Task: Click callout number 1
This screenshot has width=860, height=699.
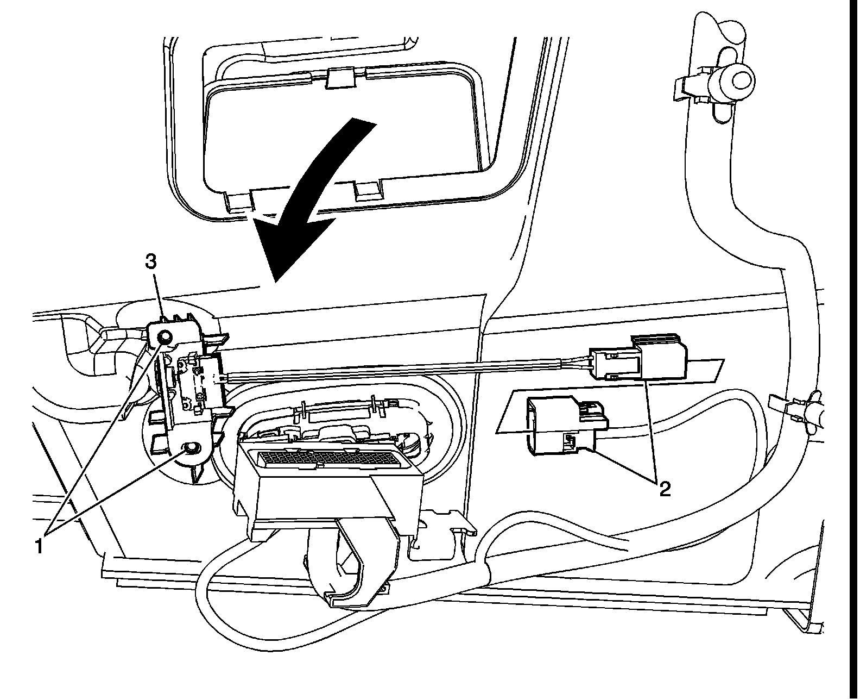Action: click(x=39, y=545)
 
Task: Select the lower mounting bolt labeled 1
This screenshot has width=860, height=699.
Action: click(x=191, y=447)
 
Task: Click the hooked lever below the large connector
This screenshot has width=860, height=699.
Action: click(x=353, y=576)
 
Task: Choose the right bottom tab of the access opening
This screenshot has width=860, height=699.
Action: click(x=368, y=190)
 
